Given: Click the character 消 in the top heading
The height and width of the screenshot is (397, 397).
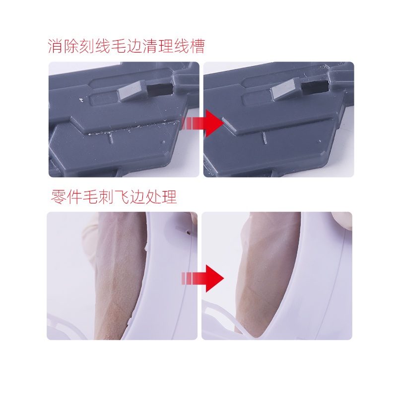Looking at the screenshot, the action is point(56,46).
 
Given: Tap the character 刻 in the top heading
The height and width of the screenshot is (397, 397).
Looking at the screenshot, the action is point(87,46).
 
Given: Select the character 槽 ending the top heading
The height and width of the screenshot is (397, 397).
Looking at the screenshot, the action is point(197,46).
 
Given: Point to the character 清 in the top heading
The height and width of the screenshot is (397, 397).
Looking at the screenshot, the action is point(150,46).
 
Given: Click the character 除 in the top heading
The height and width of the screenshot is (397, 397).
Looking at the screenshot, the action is point(71,46).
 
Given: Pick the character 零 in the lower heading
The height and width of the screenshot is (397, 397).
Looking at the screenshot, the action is point(59,197).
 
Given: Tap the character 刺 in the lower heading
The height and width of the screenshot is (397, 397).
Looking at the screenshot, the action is point(106,197).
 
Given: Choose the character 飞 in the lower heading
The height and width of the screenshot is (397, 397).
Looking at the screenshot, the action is point(122,197).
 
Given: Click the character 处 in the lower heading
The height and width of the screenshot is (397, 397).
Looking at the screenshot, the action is point(153,197).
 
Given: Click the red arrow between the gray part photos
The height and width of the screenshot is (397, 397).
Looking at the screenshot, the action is point(202,124).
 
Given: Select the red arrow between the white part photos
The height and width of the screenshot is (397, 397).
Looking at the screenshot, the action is point(202,278).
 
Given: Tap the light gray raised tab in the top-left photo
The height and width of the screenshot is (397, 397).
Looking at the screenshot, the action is point(133,90).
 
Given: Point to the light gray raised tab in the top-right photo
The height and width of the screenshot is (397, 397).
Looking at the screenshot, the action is point(286,90).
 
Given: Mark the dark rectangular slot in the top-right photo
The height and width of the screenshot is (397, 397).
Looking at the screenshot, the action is point(315,87).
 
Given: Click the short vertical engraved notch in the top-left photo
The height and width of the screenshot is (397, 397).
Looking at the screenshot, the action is point(111,137).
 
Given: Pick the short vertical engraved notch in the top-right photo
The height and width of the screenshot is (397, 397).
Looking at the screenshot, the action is point(265,138).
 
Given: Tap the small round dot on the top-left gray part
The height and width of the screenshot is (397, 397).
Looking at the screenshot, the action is point(163,142).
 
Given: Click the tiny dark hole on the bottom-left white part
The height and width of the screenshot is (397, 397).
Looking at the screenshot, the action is point(188,231).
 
